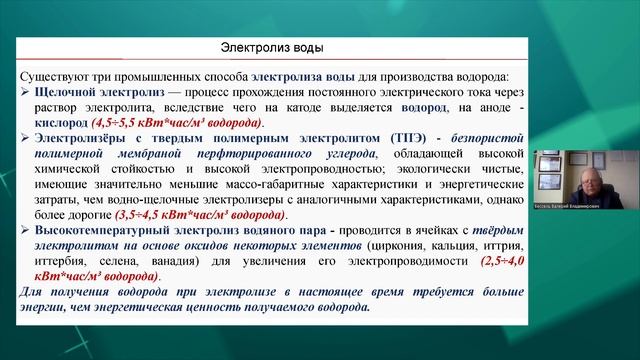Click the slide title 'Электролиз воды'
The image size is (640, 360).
[271, 47]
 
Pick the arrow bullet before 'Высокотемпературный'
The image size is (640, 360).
[27, 229]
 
